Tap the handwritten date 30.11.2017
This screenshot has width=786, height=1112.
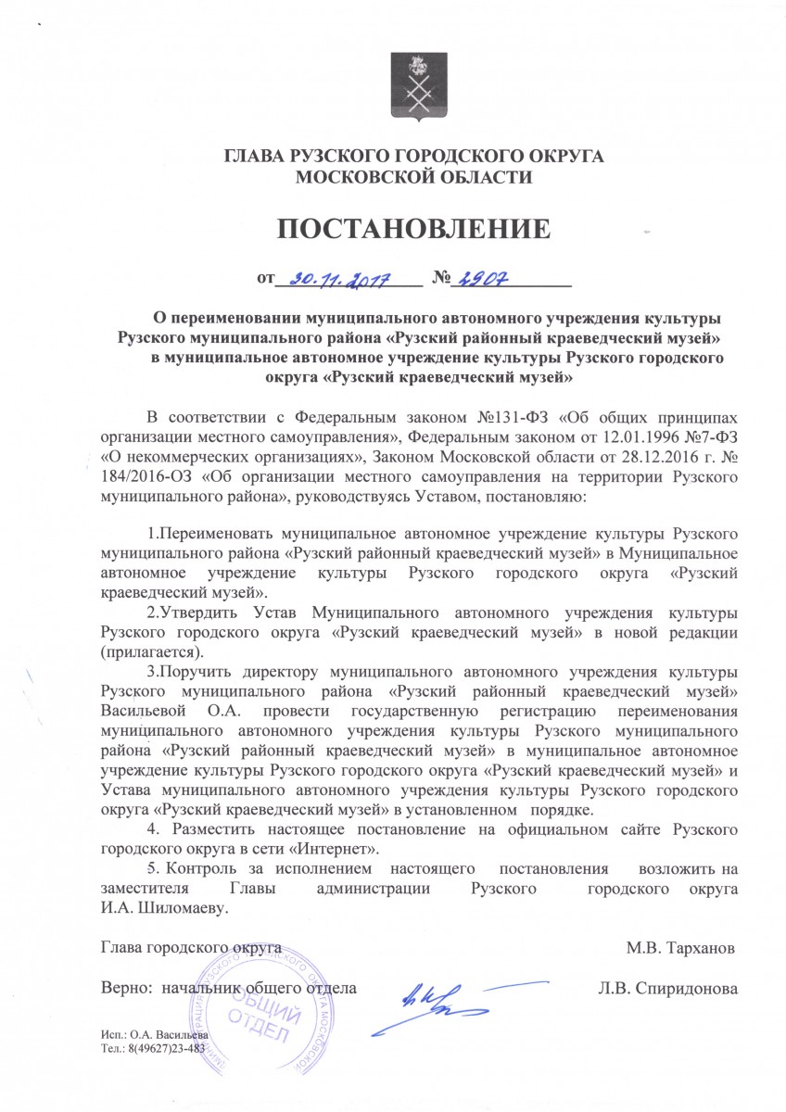coord(339,277)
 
